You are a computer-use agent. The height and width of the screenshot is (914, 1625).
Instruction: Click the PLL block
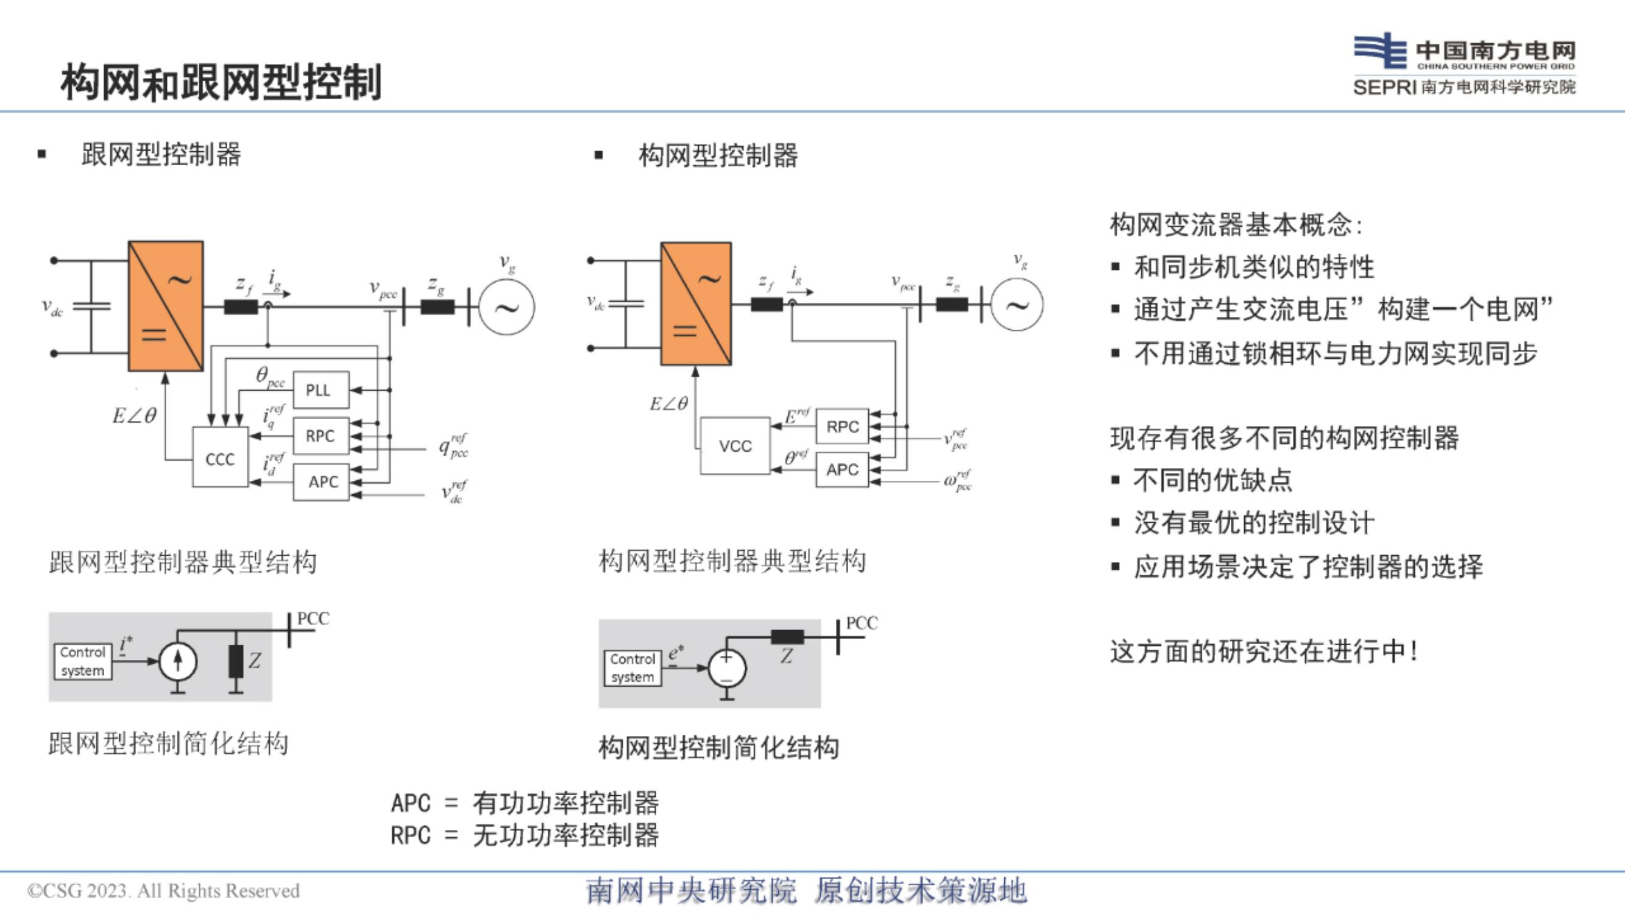point(321,390)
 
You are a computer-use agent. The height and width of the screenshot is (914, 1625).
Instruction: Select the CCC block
point(220,458)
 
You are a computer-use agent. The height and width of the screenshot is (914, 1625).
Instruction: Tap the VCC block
point(735,445)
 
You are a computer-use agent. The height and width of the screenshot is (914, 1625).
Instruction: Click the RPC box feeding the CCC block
point(321,436)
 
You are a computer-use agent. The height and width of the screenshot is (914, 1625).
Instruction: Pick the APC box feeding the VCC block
point(842,469)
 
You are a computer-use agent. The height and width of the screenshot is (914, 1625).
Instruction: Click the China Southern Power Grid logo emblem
point(1379,50)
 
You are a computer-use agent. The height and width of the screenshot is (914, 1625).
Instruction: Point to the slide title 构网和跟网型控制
point(221,82)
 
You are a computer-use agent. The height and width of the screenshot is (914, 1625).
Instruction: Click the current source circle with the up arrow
point(178,661)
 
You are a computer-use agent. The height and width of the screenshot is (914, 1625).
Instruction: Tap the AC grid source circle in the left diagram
point(506,307)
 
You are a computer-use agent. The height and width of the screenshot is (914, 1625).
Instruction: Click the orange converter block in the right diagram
point(696,303)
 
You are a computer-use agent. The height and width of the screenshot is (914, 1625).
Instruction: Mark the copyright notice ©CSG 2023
point(163,891)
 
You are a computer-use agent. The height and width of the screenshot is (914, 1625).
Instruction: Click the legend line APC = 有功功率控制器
point(525,803)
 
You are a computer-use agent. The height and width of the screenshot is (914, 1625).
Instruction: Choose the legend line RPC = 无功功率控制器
point(525,835)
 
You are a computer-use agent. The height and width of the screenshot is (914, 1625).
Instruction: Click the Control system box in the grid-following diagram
point(83,661)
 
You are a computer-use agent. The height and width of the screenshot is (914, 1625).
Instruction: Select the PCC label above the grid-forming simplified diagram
point(862,623)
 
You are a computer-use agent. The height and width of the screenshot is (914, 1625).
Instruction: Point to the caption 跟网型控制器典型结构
point(183,562)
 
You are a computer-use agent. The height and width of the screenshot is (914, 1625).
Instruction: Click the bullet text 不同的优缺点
point(1213,480)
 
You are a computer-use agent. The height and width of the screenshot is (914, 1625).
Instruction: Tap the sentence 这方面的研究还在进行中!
point(1265,651)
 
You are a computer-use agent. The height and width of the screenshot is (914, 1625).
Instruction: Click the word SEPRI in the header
point(1385,87)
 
